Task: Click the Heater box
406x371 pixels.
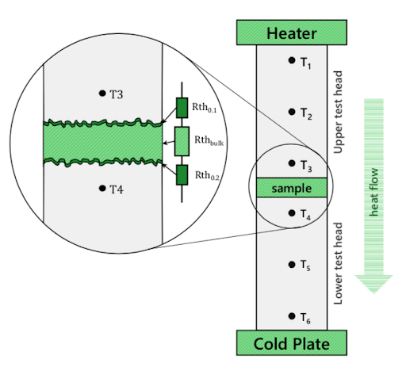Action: coord(292,33)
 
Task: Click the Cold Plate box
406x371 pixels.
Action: coord(292,342)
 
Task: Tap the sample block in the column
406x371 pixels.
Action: coord(292,188)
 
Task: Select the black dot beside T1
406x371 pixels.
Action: coord(292,60)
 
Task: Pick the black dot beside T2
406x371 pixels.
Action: coord(292,112)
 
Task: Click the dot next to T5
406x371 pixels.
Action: coord(292,265)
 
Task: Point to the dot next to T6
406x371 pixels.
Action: coord(292,316)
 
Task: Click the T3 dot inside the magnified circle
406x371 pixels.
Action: coord(102,93)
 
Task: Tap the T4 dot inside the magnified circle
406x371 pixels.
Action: coord(102,188)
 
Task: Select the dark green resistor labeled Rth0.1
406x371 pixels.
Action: coord(182,108)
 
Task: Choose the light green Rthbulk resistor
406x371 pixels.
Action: coord(182,141)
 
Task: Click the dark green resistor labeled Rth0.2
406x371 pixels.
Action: coord(182,175)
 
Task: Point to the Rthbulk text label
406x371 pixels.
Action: coord(209,140)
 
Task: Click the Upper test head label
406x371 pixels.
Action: coord(338,112)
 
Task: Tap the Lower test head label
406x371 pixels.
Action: coord(338,263)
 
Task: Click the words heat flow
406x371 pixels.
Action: coord(373,192)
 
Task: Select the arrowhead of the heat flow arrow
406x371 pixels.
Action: coord(373,284)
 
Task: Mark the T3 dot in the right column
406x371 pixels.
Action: coord(292,163)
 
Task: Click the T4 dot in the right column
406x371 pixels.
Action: coord(292,213)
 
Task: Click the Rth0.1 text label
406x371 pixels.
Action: coord(205,108)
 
